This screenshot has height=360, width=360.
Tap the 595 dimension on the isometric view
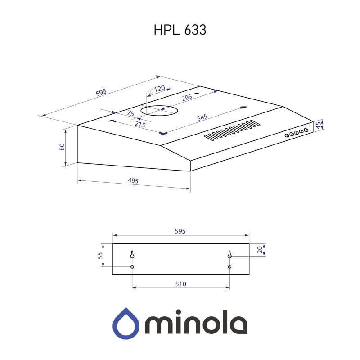click(x=101, y=93)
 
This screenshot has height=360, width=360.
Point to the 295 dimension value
click(x=186, y=97)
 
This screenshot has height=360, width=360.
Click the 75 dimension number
click(x=131, y=114)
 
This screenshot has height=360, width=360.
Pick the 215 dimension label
click(x=139, y=125)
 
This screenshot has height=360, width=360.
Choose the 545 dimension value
click(x=202, y=118)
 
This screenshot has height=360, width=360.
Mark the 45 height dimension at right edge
click(x=319, y=125)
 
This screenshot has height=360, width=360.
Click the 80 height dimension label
click(x=63, y=147)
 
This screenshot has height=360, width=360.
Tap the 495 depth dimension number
click(x=133, y=181)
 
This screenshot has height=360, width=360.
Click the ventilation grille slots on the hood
click(x=231, y=130)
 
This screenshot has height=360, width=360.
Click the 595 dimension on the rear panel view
click(x=180, y=231)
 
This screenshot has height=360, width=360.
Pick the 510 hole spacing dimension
click(x=181, y=284)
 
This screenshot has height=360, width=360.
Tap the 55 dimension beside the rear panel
click(x=100, y=255)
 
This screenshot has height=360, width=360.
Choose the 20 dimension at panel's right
click(x=259, y=250)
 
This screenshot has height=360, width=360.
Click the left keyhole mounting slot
click(x=132, y=254)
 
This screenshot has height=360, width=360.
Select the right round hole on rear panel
click(x=229, y=267)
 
